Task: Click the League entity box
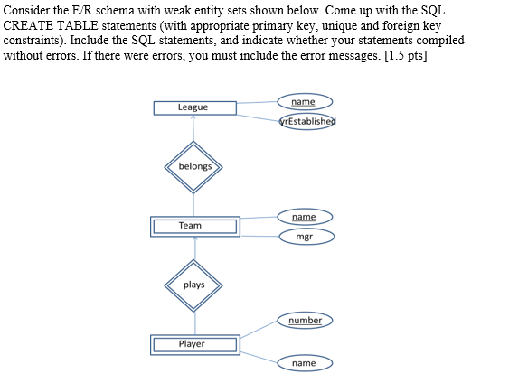pyautogui.click(x=194, y=107)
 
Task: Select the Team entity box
pyautogui.click(x=194, y=225)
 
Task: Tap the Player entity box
pyautogui.click(x=194, y=344)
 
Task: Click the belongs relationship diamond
pyautogui.click(x=194, y=166)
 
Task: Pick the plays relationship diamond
pyautogui.click(x=194, y=285)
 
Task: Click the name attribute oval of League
pyautogui.click(x=305, y=102)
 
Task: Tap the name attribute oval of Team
pyautogui.click(x=305, y=218)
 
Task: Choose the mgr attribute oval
pyautogui.click(x=305, y=237)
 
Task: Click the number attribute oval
pyautogui.click(x=305, y=321)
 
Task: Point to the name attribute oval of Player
pyautogui.click(x=305, y=363)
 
